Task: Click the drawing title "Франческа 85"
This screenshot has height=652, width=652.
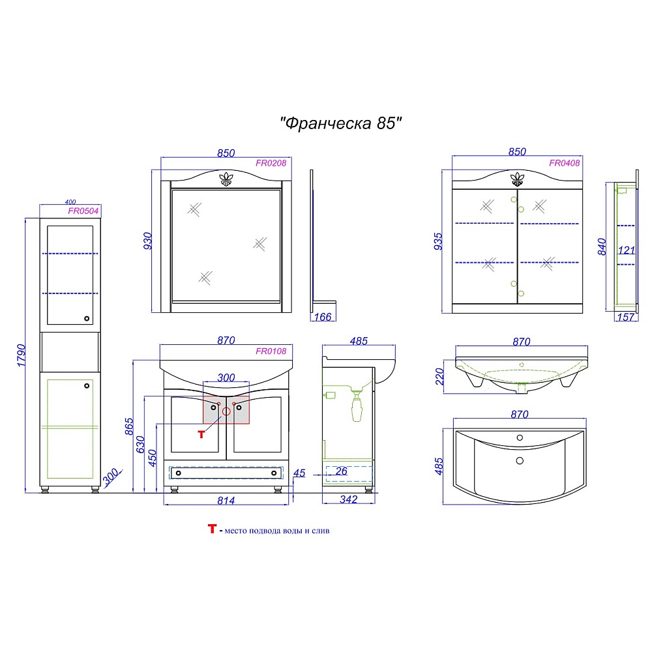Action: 340,123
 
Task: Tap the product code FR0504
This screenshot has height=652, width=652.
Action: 83,211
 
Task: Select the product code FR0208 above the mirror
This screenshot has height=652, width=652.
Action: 271,164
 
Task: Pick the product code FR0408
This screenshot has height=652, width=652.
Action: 564,164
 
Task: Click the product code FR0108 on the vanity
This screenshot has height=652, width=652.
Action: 271,351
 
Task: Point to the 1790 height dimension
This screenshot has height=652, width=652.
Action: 22,355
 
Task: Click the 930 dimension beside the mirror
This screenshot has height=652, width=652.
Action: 147,241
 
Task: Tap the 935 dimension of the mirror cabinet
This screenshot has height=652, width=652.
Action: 438,241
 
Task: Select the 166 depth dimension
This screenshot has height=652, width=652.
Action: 323,317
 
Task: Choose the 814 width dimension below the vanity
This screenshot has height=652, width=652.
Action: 226,501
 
